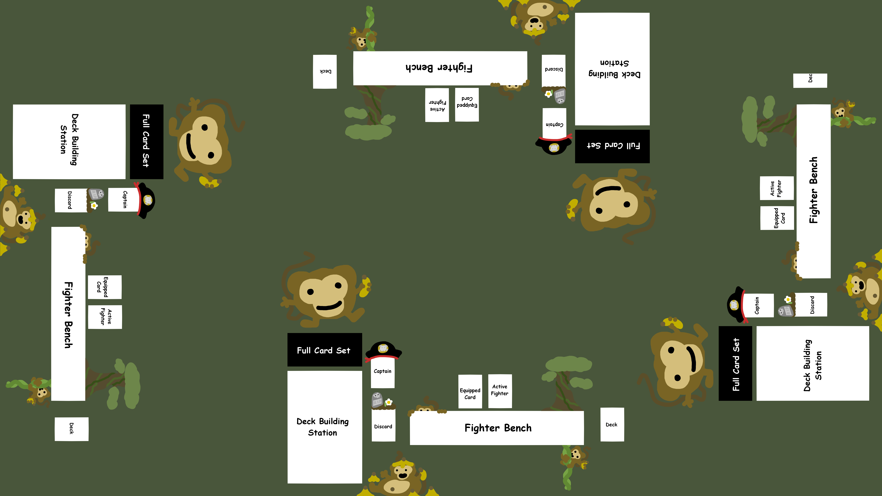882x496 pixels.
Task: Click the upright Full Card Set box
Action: pos(324,350)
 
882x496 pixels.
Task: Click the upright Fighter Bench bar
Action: pos(496,428)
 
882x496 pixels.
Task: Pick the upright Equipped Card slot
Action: pos(470,392)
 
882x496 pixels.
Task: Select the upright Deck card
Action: pos(612,424)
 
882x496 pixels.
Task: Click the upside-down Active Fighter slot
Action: pos(437,105)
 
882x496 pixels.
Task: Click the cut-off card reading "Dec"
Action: pos(810,80)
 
